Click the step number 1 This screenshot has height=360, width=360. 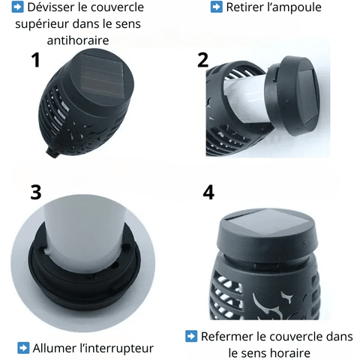pyautogui.click(x=36, y=60)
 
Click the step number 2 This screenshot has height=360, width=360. pyautogui.click(x=202, y=60)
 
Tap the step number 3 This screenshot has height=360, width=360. pyautogui.click(x=36, y=192)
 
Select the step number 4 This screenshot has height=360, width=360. pyautogui.click(x=208, y=192)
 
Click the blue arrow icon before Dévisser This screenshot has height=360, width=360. pyautogui.click(x=18, y=7)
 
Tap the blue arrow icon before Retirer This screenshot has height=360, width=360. pyautogui.click(x=217, y=7)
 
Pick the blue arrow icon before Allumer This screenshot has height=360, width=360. pyautogui.click(x=23, y=348)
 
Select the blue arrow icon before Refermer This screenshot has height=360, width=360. pyautogui.click(x=191, y=336)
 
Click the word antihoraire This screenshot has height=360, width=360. pyautogui.click(x=78, y=40)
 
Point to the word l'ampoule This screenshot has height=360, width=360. pyautogui.click(x=294, y=7)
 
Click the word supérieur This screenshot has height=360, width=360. pyautogui.click(x=42, y=24)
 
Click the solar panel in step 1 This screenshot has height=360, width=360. pyautogui.click(x=102, y=76)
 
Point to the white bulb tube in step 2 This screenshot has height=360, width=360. pyautogui.click(x=246, y=98)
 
